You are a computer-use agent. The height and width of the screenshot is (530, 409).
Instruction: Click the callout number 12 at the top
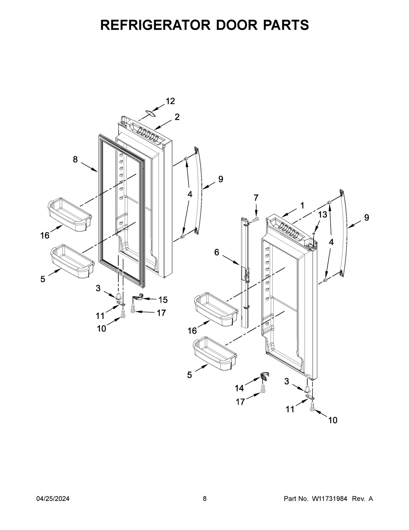click(170, 101)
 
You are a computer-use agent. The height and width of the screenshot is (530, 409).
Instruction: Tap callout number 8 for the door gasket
click(75, 159)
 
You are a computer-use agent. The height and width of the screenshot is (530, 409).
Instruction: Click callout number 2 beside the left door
click(177, 117)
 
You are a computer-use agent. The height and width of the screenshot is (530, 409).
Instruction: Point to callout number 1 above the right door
click(302, 205)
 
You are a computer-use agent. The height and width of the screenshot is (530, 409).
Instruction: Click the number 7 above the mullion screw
click(256, 197)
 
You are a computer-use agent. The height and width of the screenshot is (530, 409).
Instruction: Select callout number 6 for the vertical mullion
click(217, 252)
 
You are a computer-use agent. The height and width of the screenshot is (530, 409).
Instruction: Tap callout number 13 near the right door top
click(322, 214)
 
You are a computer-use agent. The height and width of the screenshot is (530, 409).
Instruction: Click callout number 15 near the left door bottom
click(163, 300)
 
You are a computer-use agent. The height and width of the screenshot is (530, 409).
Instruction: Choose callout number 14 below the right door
click(239, 388)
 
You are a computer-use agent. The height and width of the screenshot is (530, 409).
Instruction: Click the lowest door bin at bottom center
click(215, 354)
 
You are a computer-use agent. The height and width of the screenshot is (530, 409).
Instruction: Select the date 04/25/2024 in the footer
click(53, 499)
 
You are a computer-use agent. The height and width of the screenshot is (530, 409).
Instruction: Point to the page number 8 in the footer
click(204, 499)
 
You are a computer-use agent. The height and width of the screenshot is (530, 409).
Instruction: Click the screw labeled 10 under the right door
click(312, 407)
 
